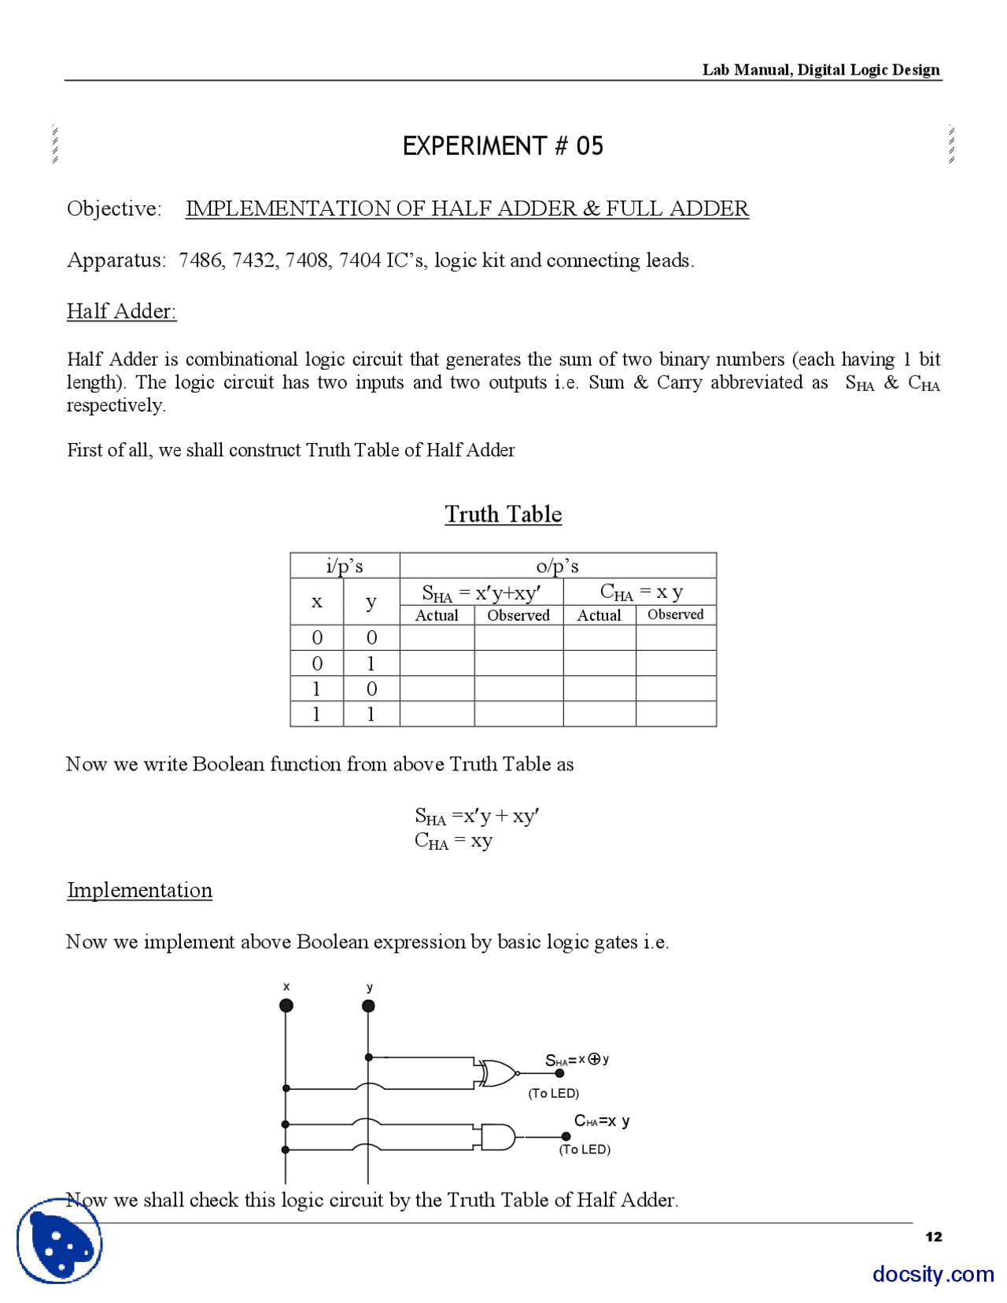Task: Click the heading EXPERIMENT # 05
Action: pos(503,146)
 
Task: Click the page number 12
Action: pos(933,1237)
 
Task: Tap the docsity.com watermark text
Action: pos(932,1273)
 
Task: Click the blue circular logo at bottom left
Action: pos(60,1242)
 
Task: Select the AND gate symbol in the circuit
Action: pos(498,1137)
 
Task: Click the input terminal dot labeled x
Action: pos(286,1006)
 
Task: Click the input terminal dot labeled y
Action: pos(368,1006)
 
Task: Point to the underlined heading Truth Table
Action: pos(503,515)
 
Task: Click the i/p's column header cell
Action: pos(345,566)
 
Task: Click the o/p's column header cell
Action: pos(557,566)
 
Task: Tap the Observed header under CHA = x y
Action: pos(675,615)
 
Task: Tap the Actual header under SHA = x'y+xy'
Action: pos(437,615)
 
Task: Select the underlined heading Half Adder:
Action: pos(121,312)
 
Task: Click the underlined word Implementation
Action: pos(139,890)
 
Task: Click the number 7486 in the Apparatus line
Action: pos(200,260)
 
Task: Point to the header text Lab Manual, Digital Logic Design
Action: pos(821,69)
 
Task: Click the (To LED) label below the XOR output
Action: pos(554,1094)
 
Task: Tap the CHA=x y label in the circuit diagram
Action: pos(601,1120)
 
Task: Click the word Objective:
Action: pos(114,209)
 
